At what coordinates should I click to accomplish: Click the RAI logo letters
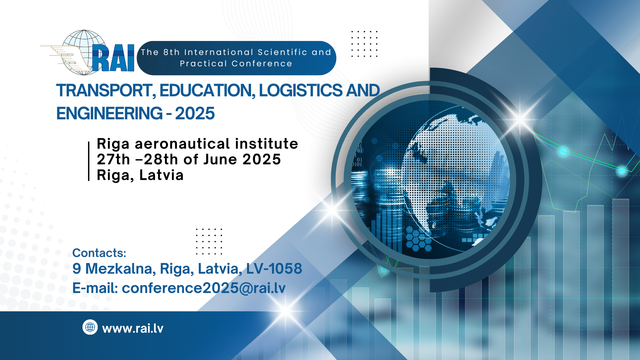113,58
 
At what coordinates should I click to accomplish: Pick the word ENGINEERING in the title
109,113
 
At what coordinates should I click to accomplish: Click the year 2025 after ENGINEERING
195,113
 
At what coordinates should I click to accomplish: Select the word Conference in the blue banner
262,64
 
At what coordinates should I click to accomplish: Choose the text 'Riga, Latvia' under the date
140,175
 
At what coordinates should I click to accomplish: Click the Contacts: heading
99,253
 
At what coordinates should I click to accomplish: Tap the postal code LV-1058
274,269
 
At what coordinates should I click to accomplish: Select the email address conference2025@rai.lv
204,288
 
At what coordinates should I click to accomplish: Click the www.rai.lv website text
133,329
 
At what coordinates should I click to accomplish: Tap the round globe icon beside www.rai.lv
90,327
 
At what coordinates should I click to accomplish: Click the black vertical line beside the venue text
89,161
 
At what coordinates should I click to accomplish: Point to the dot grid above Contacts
209,242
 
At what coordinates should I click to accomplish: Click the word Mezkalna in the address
121,269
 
